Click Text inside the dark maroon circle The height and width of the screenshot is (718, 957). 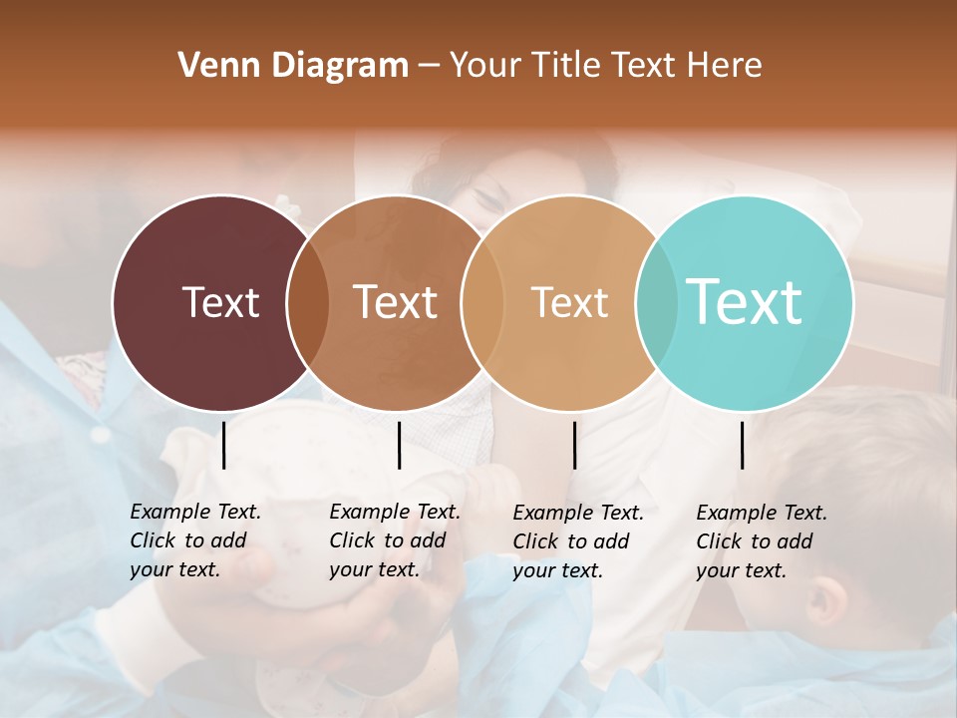click(x=220, y=302)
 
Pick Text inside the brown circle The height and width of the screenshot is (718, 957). click(x=396, y=302)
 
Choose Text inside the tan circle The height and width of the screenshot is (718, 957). click(x=569, y=302)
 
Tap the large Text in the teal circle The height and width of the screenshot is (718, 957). click(x=745, y=302)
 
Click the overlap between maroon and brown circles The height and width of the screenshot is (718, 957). click(x=308, y=303)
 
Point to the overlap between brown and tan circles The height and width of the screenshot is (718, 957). click(x=482, y=303)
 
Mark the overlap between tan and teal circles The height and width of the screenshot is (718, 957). click(x=657, y=303)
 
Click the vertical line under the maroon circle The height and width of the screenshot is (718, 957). click(x=223, y=445)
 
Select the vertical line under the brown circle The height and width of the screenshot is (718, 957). click(x=399, y=445)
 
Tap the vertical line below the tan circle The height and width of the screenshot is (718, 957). click(x=574, y=445)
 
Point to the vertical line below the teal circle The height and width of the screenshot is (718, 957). click(x=742, y=445)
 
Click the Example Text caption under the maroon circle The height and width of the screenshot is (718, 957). click(x=194, y=540)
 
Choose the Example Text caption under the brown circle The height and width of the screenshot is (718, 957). click(x=394, y=540)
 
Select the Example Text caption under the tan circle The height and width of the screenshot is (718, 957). click(x=577, y=541)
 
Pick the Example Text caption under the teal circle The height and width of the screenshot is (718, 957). click(x=761, y=541)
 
